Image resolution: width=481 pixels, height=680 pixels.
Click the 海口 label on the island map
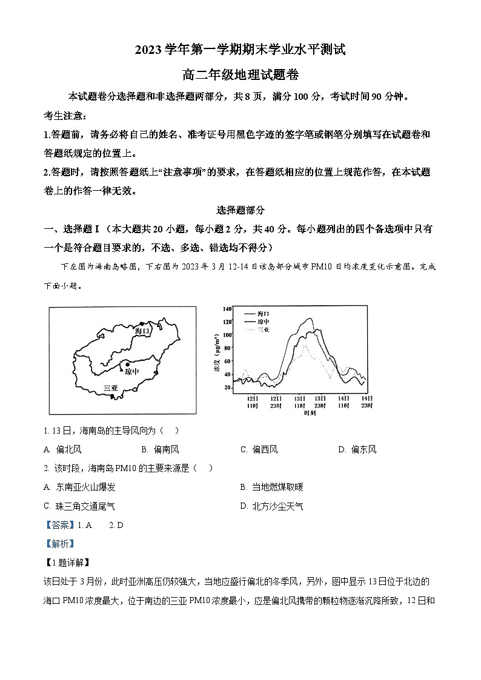pyautogui.click(x=142, y=331)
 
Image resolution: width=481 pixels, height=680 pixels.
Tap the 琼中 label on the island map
pyautogui.click(x=131, y=371)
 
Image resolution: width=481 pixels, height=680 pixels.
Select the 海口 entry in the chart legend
pyautogui.click(x=264, y=313)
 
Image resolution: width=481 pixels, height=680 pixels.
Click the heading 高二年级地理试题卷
pyautogui.click(x=240, y=75)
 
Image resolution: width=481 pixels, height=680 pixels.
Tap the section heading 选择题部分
pyautogui.click(x=240, y=210)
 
